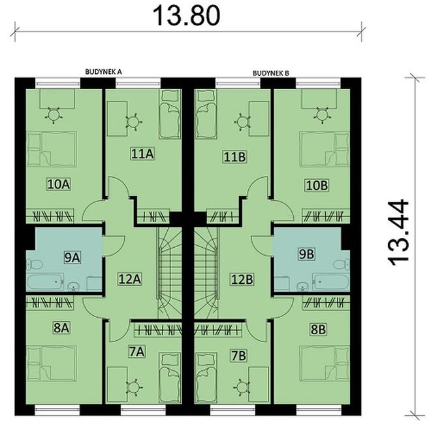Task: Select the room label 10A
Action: (58, 184)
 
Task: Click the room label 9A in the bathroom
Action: (72, 257)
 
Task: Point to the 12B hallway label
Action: (242, 279)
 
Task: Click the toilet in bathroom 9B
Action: (340, 265)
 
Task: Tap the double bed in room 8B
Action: (324, 362)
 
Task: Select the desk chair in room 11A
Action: (134, 122)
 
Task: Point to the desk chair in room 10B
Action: (321, 114)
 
